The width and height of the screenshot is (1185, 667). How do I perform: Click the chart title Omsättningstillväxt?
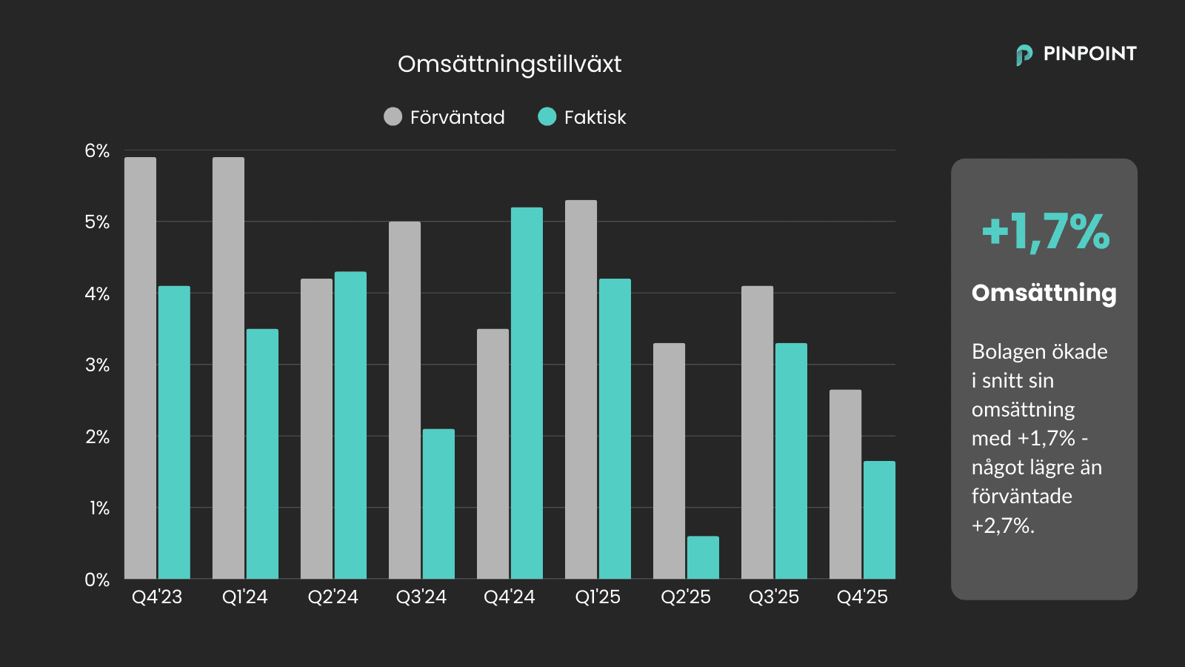click(x=510, y=64)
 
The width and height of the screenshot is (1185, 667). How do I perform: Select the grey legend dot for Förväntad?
click(x=393, y=117)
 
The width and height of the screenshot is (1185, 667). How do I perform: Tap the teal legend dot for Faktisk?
click(x=547, y=117)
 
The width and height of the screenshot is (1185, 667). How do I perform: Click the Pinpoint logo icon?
click(x=1024, y=55)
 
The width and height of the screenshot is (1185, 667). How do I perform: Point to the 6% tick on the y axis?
click(x=97, y=151)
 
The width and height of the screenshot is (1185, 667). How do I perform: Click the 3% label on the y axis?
click(x=97, y=365)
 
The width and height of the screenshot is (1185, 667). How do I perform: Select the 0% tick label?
click(x=97, y=580)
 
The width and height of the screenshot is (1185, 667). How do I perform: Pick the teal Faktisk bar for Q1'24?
click(x=262, y=454)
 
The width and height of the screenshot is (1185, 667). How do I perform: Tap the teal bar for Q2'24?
click(x=350, y=425)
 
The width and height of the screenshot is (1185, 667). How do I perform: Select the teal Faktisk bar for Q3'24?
click(x=438, y=504)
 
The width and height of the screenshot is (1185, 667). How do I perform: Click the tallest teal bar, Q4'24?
click(x=527, y=393)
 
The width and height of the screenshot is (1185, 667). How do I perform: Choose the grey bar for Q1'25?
click(x=581, y=389)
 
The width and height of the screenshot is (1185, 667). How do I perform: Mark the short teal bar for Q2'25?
click(x=703, y=557)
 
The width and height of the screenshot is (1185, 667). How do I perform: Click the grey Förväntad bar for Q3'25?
click(x=757, y=432)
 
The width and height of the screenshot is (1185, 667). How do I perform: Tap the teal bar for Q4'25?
click(x=879, y=520)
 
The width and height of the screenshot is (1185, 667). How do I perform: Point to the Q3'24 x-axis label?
click(x=421, y=597)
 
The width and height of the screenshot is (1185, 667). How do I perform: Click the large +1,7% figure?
click(x=1045, y=232)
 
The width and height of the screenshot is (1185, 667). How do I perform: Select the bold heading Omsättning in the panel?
click(x=1044, y=293)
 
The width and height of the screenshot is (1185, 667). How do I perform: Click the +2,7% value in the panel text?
click(x=1002, y=526)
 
